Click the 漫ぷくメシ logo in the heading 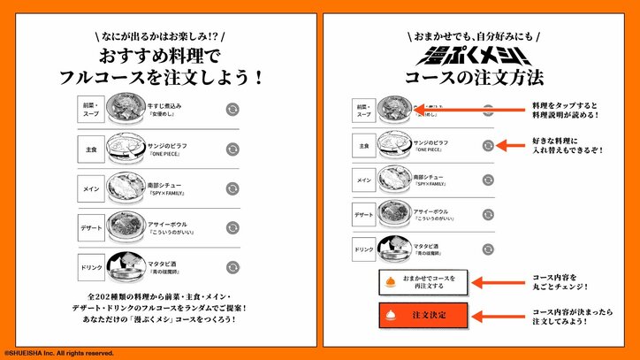479,57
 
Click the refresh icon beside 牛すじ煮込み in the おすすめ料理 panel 232,109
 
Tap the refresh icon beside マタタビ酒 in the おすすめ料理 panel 232,267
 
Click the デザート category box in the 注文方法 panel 364,214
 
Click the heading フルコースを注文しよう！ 160,77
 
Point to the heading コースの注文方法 479,79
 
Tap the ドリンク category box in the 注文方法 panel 364,249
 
